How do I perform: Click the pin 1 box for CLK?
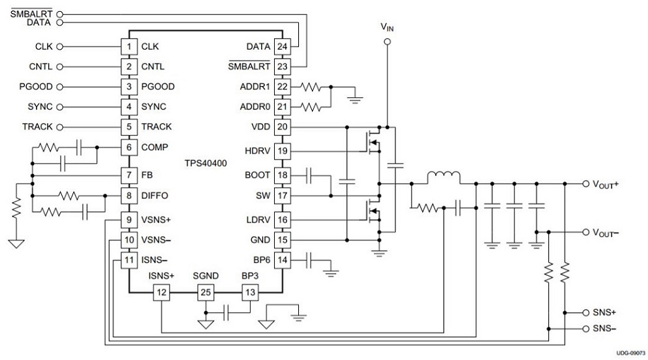pyautogui.click(x=129, y=47)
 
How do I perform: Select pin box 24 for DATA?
pyautogui.click(x=283, y=47)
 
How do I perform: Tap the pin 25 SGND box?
pyautogui.click(x=206, y=292)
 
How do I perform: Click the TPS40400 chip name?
pyautogui.click(x=206, y=163)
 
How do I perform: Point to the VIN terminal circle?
pyautogui.click(x=387, y=42)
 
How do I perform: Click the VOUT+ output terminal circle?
pyautogui.click(x=585, y=184)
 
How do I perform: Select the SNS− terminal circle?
pyautogui.click(x=585, y=329)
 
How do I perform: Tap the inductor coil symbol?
pyautogui.click(x=444, y=177)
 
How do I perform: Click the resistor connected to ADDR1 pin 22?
pyautogui.click(x=311, y=87)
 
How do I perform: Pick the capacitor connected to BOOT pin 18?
pyautogui.click(x=309, y=175)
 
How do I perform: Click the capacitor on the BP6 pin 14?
pyautogui.click(x=309, y=260)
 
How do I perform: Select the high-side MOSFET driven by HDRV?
pyautogui.click(x=375, y=142)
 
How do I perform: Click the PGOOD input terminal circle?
pyautogui.click(x=59, y=87)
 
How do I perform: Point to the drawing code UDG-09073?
pyautogui.click(x=630, y=353)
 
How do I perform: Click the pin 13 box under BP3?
pyautogui.click(x=250, y=292)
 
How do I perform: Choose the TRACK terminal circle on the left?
pyautogui.click(x=59, y=127)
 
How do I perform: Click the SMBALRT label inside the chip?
pyautogui.click(x=249, y=66)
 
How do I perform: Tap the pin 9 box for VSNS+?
pyautogui.click(x=129, y=220)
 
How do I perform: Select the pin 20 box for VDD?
pyautogui.click(x=283, y=127)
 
